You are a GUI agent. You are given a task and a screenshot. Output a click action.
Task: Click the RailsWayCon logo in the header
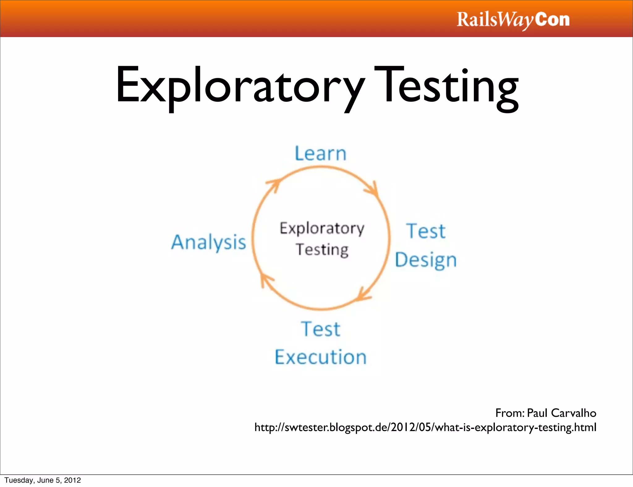(x=513, y=20)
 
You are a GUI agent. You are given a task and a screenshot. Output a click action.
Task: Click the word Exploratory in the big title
(x=240, y=85)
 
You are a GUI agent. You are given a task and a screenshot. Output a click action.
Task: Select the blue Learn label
(x=321, y=154)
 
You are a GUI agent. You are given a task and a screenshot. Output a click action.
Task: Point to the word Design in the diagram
(x=426, y=260)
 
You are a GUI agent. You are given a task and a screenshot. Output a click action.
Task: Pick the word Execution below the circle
(x=321, y=357)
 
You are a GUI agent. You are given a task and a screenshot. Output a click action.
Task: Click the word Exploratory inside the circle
(x=322, y=229)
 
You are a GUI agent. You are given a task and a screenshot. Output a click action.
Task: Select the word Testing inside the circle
(x=322, y=250)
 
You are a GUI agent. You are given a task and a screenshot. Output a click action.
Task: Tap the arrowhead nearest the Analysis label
(x=266, y=279)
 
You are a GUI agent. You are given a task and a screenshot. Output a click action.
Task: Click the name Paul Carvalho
(x=561, y=413)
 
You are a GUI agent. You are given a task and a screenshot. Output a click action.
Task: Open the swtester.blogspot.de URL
(x=425, y=427)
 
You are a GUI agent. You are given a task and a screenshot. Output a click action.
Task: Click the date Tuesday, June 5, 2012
(x=43, y=480)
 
